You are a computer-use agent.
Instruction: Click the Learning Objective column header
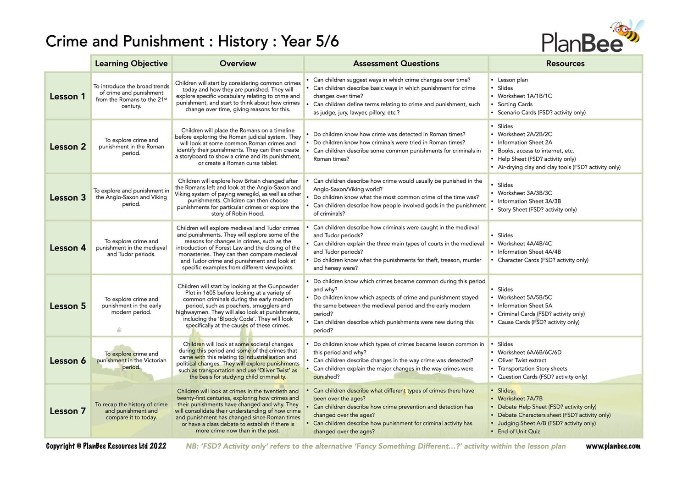click(131, 64)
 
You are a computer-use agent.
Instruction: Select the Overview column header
click(238, 64)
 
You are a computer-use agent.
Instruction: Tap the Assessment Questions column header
click(396, 64)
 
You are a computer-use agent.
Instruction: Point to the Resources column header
click(565, 64)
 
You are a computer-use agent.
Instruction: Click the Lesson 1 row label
click(67, 97)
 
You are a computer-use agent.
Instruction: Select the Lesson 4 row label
click(67, 248)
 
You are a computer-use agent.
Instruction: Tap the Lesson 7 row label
click(67, 411)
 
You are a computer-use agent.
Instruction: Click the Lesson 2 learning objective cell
click(131, 147)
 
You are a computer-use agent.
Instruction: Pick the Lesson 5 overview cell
click(238, 306)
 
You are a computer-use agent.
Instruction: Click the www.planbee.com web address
click(613, 446)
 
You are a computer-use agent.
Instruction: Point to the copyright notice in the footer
click(106, 446)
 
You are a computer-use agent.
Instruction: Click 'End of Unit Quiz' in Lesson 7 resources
click(519, 431)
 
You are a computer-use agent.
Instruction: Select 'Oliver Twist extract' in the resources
click(522, 360)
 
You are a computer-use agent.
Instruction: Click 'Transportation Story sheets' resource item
click(532, 369)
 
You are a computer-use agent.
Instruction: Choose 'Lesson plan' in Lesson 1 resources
click(512, 80)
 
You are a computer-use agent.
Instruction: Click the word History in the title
click(243, 42)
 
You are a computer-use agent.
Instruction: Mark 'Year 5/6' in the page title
click(310, 42)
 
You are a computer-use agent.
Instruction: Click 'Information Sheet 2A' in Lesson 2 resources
click(525, 142)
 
